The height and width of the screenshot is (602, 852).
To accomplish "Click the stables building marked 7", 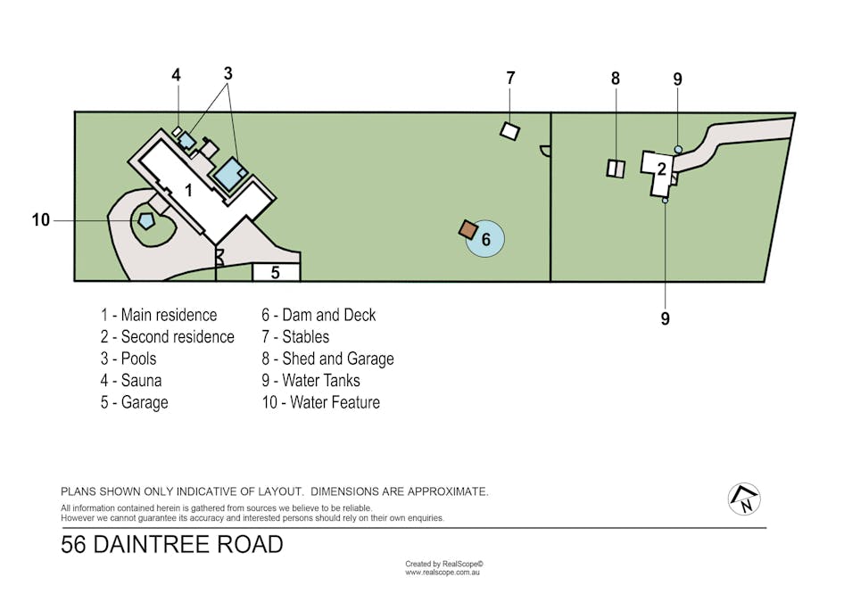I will [x=509, y=131].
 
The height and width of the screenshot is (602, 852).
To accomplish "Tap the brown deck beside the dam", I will [x=468, y=229].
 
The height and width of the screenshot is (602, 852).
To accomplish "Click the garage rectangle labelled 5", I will [x=276, y=272].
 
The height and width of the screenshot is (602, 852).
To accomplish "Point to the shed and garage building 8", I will [x=616, y=168].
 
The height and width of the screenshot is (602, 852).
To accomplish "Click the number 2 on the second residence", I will [x=661, y=168].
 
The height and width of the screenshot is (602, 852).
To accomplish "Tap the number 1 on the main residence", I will [x=188, y=189].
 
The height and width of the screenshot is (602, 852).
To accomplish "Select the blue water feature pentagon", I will [x=145, y=219].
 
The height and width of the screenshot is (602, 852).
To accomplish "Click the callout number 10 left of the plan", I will [x=41, y=220].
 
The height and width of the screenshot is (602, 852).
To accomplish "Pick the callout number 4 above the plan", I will [x=177, y=76].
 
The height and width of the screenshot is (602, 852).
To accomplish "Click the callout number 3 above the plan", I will [x=228, y=74].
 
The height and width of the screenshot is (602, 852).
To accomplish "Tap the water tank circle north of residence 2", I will [x=678, y=149].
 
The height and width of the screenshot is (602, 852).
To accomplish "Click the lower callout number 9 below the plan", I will [x=665, y=318].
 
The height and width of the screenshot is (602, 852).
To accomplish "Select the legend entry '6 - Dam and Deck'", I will [x=318, y=315].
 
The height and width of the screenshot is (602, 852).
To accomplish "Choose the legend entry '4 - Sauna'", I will [x=131, y=381].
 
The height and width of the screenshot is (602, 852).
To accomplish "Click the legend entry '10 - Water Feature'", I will [x=320, y=402].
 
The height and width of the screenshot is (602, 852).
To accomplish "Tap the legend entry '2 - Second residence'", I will [x=167, y=337].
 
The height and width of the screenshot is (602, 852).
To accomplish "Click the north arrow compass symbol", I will [x=744, y=499].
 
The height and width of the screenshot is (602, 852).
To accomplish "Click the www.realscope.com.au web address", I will [x=443, y=573].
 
